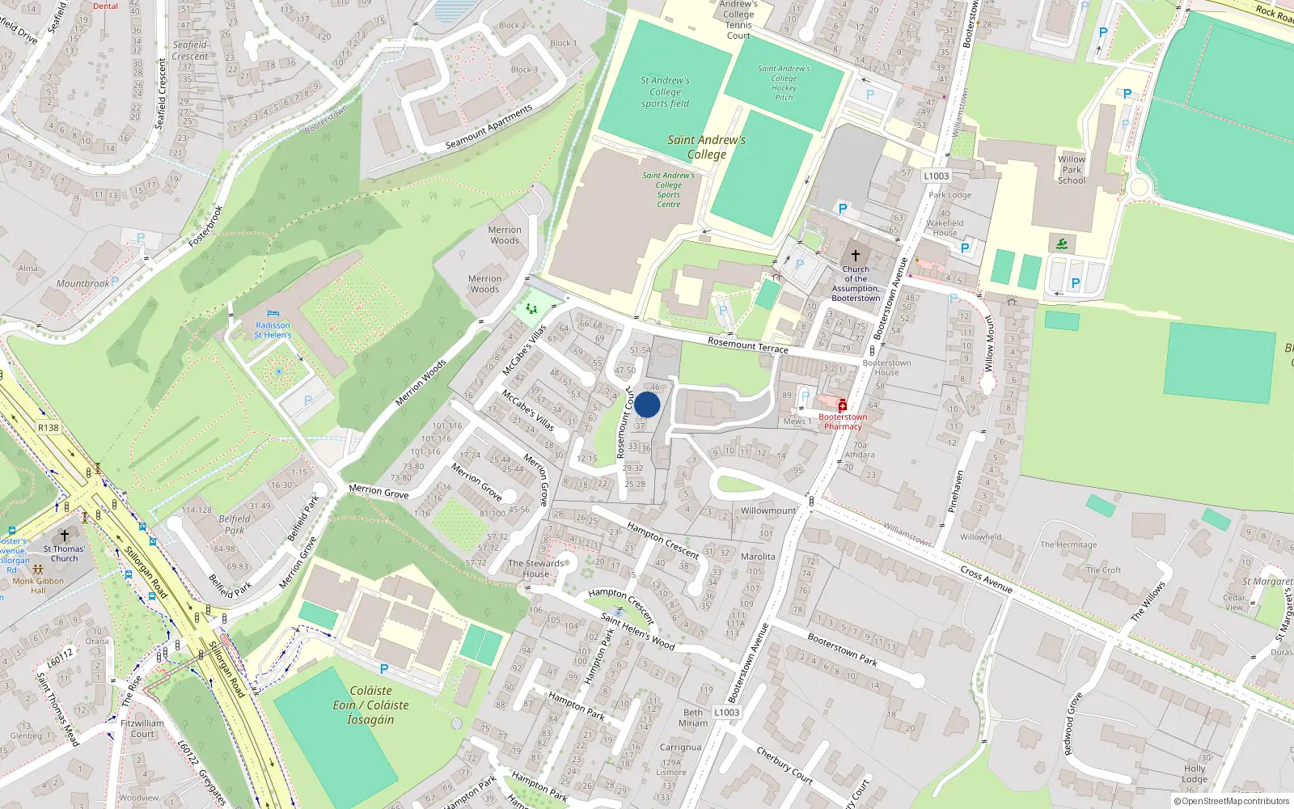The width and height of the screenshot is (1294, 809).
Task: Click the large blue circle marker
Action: click(x=647, y=404)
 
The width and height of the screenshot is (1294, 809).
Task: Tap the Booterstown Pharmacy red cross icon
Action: click(x=842, y=405)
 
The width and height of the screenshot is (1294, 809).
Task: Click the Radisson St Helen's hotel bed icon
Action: click(x=273, y=314)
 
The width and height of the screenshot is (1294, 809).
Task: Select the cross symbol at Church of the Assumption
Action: click(x=856, y=256)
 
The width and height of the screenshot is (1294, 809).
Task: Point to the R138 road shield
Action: click(x=49, y=428)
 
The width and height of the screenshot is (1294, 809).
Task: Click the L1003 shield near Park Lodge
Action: click(x=936, y=176)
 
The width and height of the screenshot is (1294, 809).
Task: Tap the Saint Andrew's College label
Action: click(x=706, y=146)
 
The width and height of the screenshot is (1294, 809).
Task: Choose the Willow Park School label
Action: click(x=1072, y=170)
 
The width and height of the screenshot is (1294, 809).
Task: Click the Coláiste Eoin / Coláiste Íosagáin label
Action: click(x=371, y=705)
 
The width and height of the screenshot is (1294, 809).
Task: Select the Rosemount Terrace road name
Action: click(x=747, y=345)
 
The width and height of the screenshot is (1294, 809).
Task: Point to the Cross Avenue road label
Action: click(x=986, y=579)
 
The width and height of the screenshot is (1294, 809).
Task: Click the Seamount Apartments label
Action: click(x=489, y=127)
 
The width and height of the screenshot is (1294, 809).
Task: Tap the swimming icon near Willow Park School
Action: click(x=1062, y=244)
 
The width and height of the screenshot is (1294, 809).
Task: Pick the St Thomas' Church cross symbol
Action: click(x=65, y=536)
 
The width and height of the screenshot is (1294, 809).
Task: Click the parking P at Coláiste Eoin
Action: click(x=384, y=669)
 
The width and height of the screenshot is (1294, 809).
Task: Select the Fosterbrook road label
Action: click(x=205, y=227)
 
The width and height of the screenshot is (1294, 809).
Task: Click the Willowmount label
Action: click(x=768, y=510)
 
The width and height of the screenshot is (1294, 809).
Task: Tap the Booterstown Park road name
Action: click(x=842, y=649)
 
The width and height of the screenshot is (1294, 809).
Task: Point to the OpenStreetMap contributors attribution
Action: click(x=1231, y=801)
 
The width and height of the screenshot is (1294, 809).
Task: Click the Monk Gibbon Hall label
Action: click(x=38, y=585)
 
